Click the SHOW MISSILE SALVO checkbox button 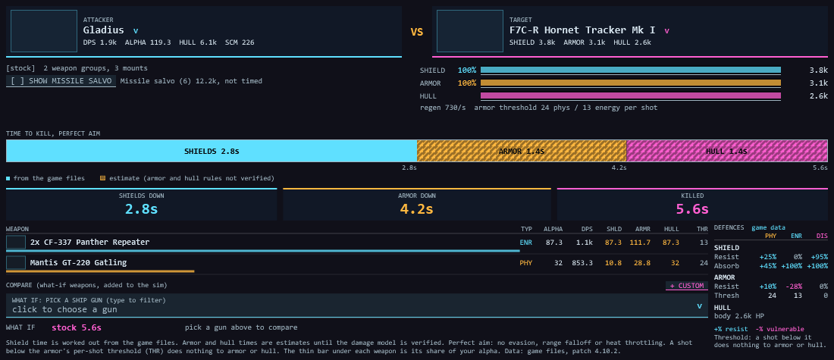pyautogui.click(x=61, y=81)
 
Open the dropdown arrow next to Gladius pyautogui.click(x=136, y=31)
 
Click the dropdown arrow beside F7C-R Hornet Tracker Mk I pyautogui.click(x=666, y=31)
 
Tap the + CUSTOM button pyautogui.click(x=687, y=286)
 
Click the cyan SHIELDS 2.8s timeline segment pyautogui.click(x=212, y=151)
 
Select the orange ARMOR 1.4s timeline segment pyautogui.click(x=522, y=151)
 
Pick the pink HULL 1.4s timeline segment pyautogui.click(x=726, y=151)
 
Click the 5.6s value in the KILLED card pyautogui.click(x=692, y=208)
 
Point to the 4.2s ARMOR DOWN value pyautogui.click(x=416, y=208)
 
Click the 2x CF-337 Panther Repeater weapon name pyautogui.click(x=90, y=242)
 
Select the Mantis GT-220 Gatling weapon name pyautogui.click(x=78, y=262)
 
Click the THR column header pyautogui.click(x=702, y=229)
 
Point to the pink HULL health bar pyautogui.click(x=630, y=95)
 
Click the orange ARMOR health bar pyautogui.click(x=630, y=83)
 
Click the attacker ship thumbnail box pyautogui.click(x=44, y=31)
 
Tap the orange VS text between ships pyautogui.click(x=416, y=32)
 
